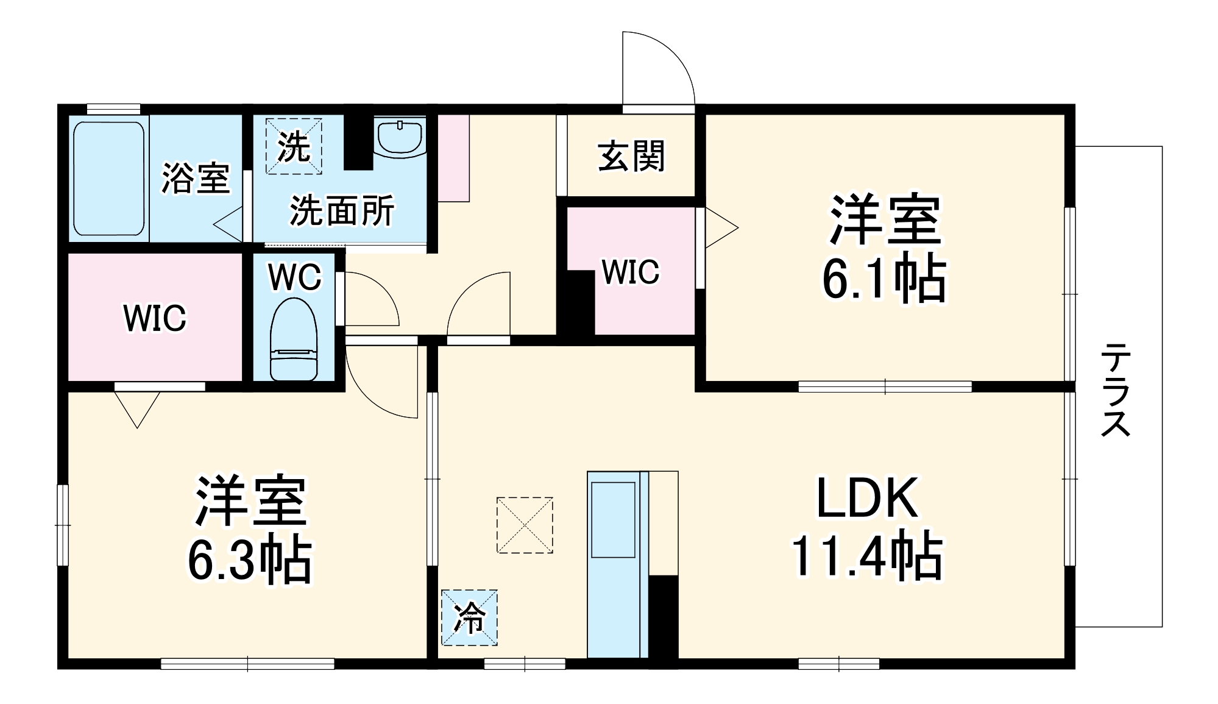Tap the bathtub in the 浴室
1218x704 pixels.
pos(110,179)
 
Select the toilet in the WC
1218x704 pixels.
pos(294,340)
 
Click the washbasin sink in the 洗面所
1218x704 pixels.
pos(400,138)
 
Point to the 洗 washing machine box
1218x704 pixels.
pos(294,146)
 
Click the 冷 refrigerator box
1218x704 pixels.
pos(469,617)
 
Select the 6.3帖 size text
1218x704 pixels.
pos(249,561)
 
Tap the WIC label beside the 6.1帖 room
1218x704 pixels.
pos(631,272)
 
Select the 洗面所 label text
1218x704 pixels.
pos(342,211)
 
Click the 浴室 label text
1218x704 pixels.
pos(195,179)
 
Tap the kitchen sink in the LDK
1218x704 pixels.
pos(613,519)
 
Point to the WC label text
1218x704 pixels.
pos(294,277)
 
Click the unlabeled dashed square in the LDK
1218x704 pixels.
pos(525,525)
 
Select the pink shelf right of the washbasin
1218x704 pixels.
pos(453,157)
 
